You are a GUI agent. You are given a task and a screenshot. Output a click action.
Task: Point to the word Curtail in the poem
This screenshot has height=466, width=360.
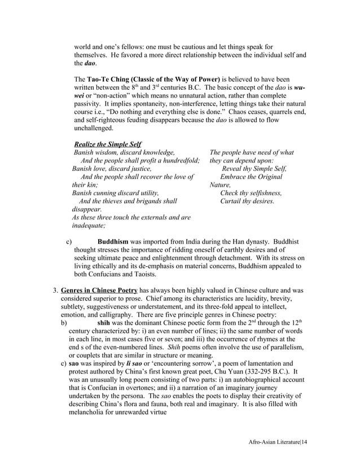(232, 200)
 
